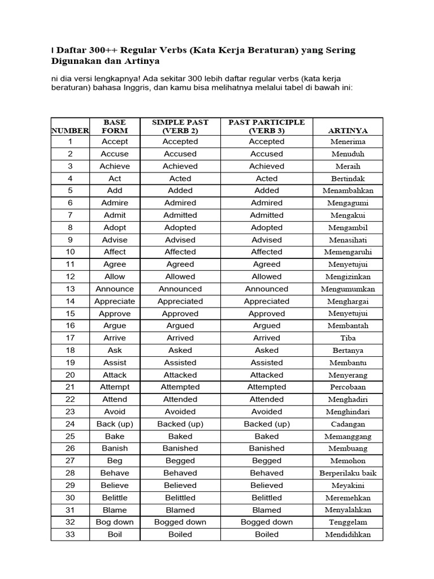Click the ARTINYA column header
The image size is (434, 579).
click(348, 131)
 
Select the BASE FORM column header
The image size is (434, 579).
click(115, 126)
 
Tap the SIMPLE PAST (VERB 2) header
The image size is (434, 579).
click(180, 126)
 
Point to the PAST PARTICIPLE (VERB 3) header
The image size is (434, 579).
click(266, 126)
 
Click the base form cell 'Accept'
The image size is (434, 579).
click(115, 141)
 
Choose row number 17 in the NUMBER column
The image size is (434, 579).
click(70, 338)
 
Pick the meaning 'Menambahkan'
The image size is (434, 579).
click(348, 191)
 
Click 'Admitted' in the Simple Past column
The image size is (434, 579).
click(180, 215)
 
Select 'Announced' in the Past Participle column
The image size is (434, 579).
click(266, 288)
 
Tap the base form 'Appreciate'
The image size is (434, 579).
click(115, 301)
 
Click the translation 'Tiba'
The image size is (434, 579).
click(348, 338)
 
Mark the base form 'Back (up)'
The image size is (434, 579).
click(115, 424)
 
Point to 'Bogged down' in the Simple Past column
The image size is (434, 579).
click(180, 522)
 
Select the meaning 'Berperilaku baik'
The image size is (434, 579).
click(348, 473)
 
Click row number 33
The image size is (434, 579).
click(70, 534)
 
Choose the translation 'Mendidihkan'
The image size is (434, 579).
click(348, 534)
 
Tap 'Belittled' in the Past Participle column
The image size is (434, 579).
click(266, 498)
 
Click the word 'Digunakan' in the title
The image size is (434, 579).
click(77, 61)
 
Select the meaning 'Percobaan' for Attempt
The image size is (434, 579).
click(348, 387)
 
